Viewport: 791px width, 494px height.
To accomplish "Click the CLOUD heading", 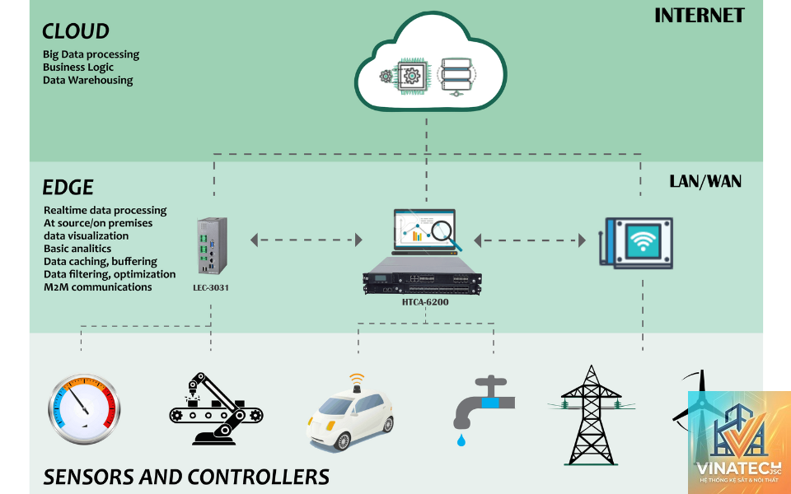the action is tap(76, 31).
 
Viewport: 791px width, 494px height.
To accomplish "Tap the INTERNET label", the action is tap(700, 16).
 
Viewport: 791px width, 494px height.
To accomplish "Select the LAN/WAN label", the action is tap(705, 181).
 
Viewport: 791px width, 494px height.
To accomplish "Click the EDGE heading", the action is tap(68, 187).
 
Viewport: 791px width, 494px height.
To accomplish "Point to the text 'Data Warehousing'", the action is tap(88, 80).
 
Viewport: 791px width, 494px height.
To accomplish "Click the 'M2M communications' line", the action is tap(98, 287).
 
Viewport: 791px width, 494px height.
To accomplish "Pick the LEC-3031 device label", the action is tap(211, 288).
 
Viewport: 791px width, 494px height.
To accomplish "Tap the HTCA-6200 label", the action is tap(425, 302).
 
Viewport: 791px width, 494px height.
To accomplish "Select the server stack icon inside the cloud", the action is tap(456, 76).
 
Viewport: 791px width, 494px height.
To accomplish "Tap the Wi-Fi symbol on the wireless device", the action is tap(643, 241).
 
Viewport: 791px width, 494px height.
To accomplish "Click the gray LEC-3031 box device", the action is tap(213, 246).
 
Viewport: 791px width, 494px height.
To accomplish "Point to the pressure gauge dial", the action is tap(84, 409).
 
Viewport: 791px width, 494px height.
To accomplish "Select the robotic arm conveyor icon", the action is tap(216, 409).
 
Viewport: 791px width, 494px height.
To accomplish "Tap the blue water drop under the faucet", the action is tap(461, 440).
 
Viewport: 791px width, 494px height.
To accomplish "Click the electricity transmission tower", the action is tap(592, 415).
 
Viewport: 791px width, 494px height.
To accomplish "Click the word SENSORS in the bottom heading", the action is tap(89, 477).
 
